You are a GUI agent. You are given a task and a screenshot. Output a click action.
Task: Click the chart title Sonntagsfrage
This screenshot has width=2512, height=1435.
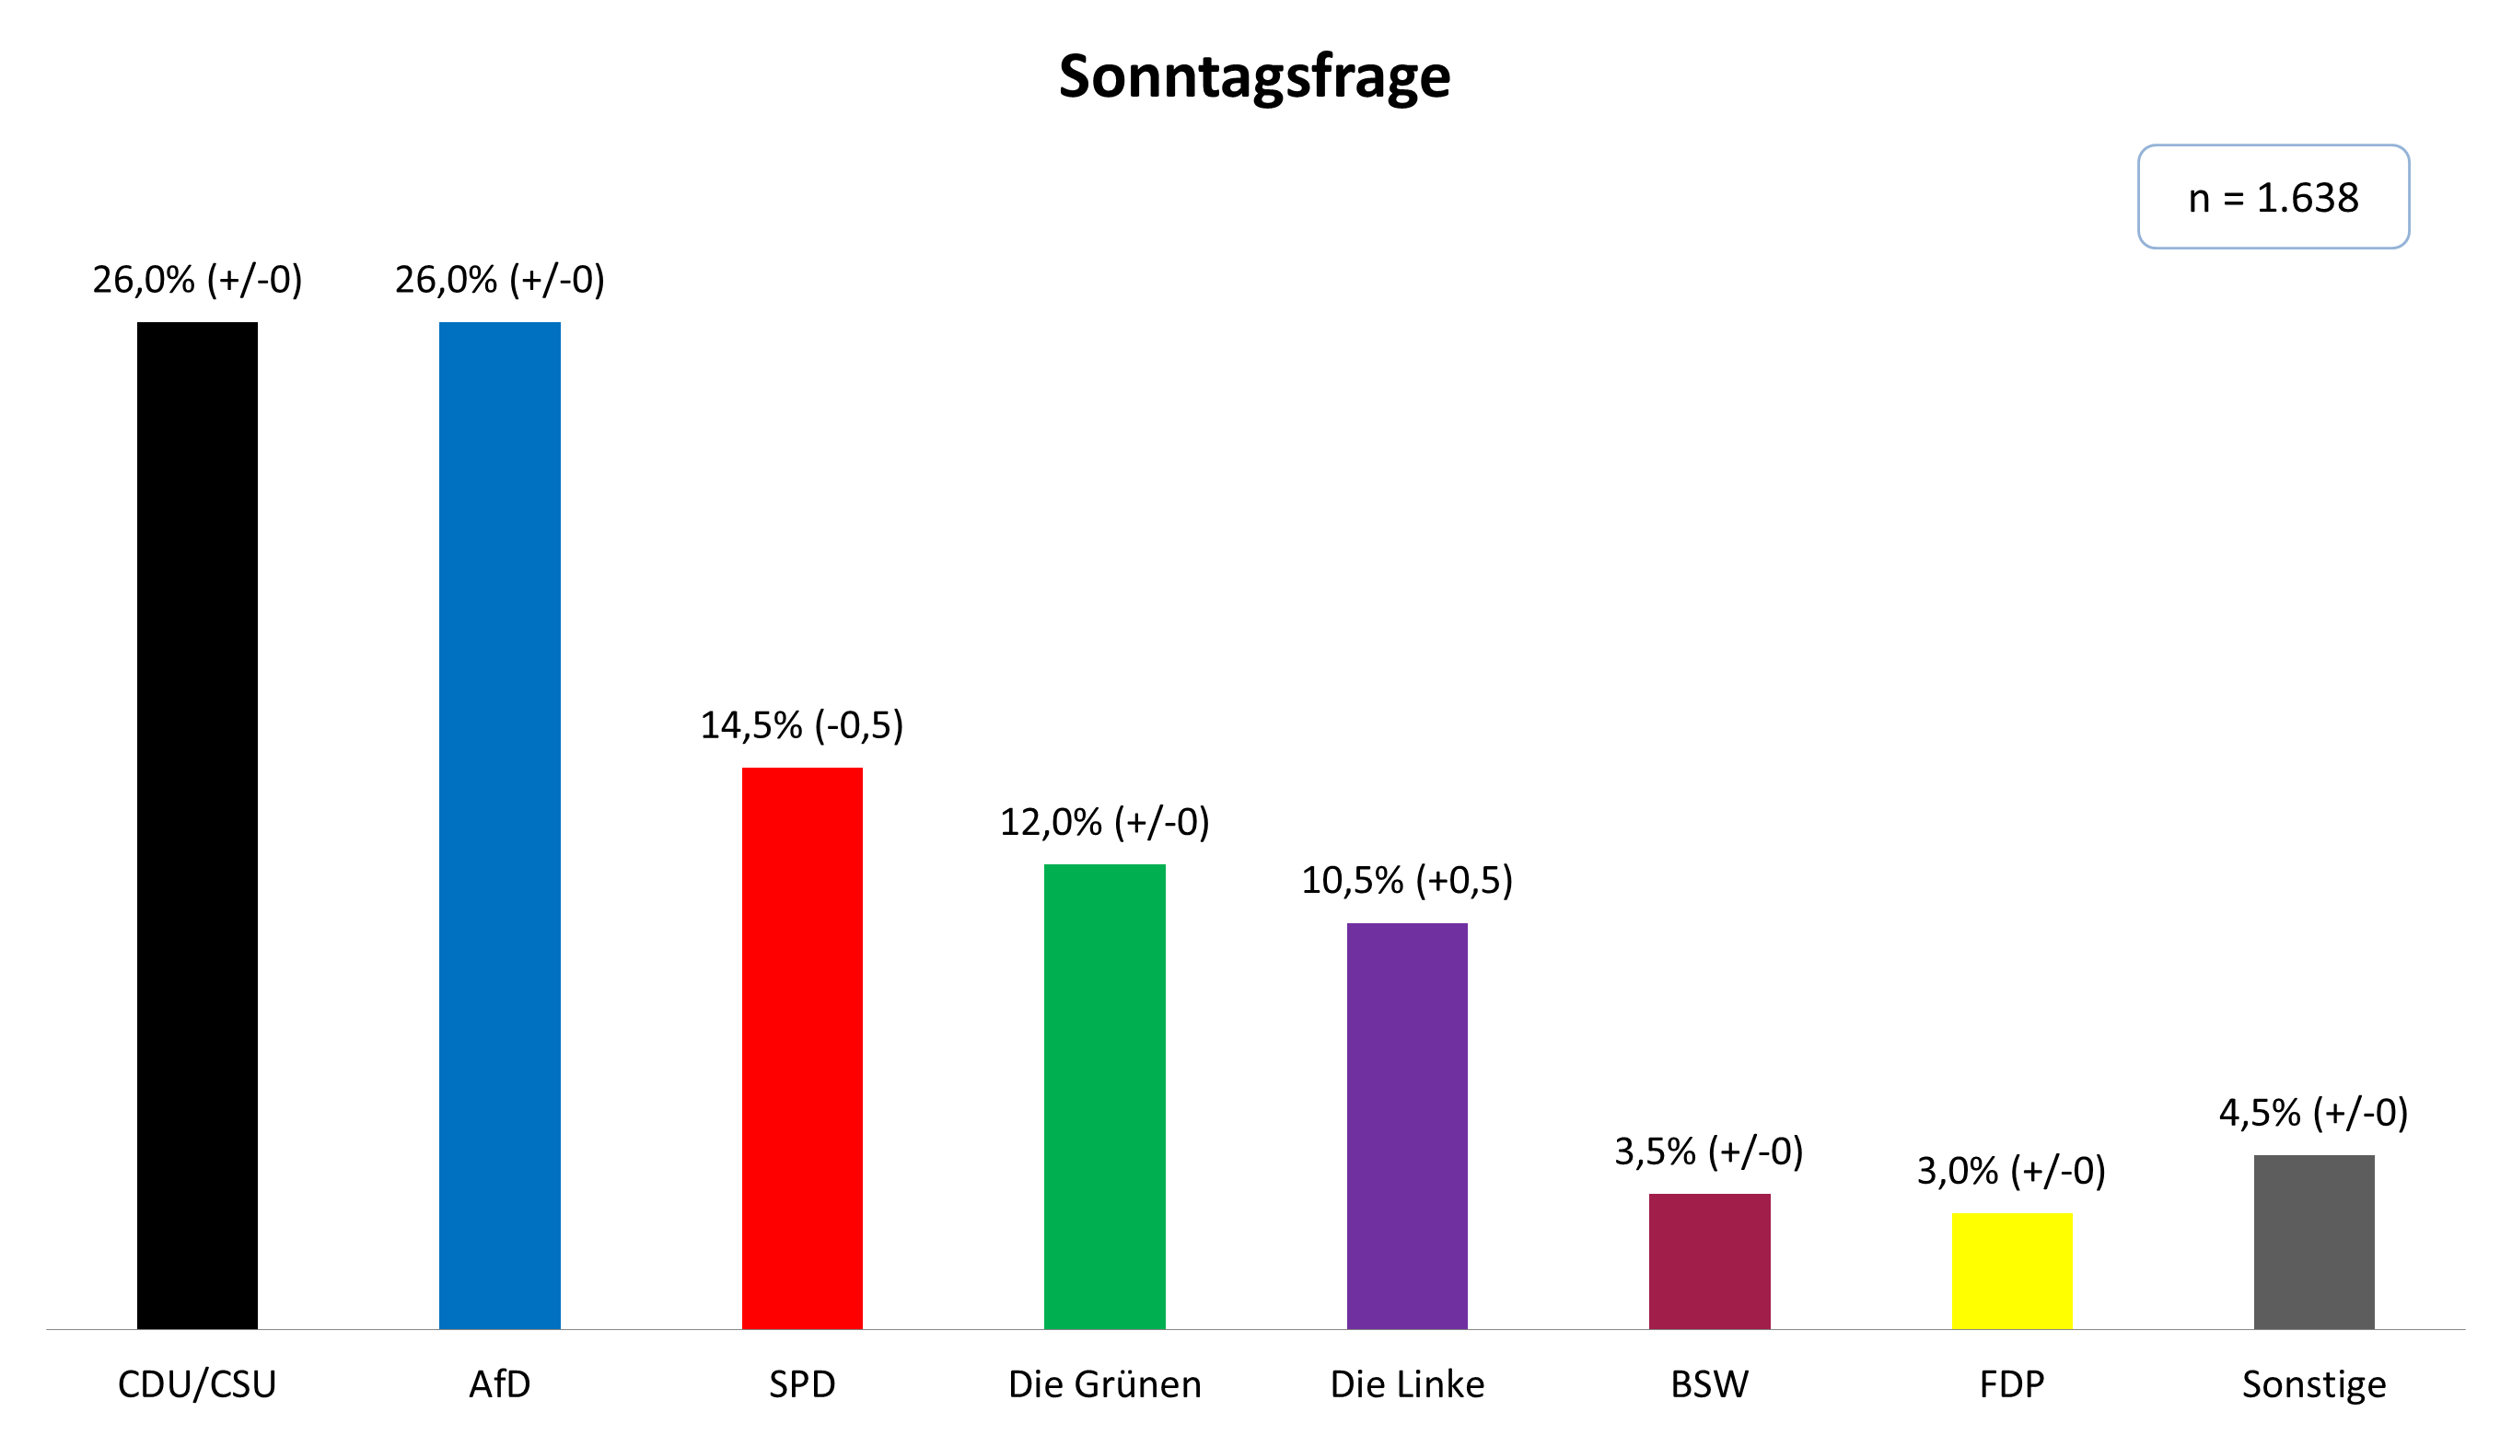coord(1254,77)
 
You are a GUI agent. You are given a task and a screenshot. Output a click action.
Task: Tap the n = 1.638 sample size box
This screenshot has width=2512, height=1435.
coord(2273,197)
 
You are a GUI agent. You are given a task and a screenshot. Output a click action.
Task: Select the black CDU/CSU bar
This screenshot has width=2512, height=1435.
coord(197,825)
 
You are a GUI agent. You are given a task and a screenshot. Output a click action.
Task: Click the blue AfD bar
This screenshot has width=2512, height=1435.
coord(500,825)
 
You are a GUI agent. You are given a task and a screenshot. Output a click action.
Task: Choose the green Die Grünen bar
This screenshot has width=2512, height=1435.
coord(1104,1096)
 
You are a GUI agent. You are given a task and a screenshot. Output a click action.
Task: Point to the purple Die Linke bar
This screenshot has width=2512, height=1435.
coord(1407,1126)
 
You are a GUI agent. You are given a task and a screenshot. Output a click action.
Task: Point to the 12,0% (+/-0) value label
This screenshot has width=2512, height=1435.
coord(1104,822)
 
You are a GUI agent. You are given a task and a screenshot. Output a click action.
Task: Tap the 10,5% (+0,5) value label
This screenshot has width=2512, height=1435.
coord(1407,880)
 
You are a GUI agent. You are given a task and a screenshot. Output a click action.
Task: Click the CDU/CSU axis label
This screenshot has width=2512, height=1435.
coord(197,1383)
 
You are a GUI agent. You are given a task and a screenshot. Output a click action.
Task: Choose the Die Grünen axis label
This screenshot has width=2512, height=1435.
coord(1104,1383)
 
